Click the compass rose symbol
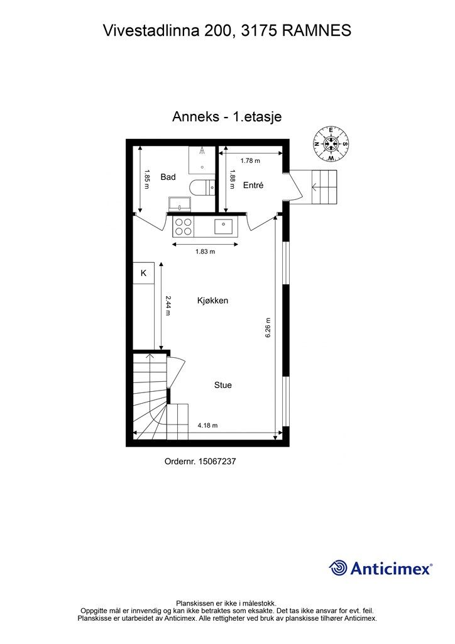click(x=331, y=143)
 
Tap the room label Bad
click(x=168, y=177)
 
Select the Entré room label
click(x=253, y=186)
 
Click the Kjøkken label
click(x=212, y=301)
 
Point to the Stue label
click(x=222, y=385)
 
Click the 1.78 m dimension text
click(x=249, y=161)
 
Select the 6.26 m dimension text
click(x=268, y=327)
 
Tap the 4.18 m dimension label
click(x=207, y=426)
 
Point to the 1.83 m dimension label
click(x=205, y=252)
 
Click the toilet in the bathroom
click(x=203, y=187)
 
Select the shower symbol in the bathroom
click(x=202, y=151)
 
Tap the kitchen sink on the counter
click(x=224, y=226)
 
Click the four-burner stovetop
click(x=184, y=226)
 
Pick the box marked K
click(x=143, y=273)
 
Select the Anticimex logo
click(x=381, y=568)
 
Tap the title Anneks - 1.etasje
click(x=226, y=117)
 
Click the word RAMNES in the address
click(x=317, y=30)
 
